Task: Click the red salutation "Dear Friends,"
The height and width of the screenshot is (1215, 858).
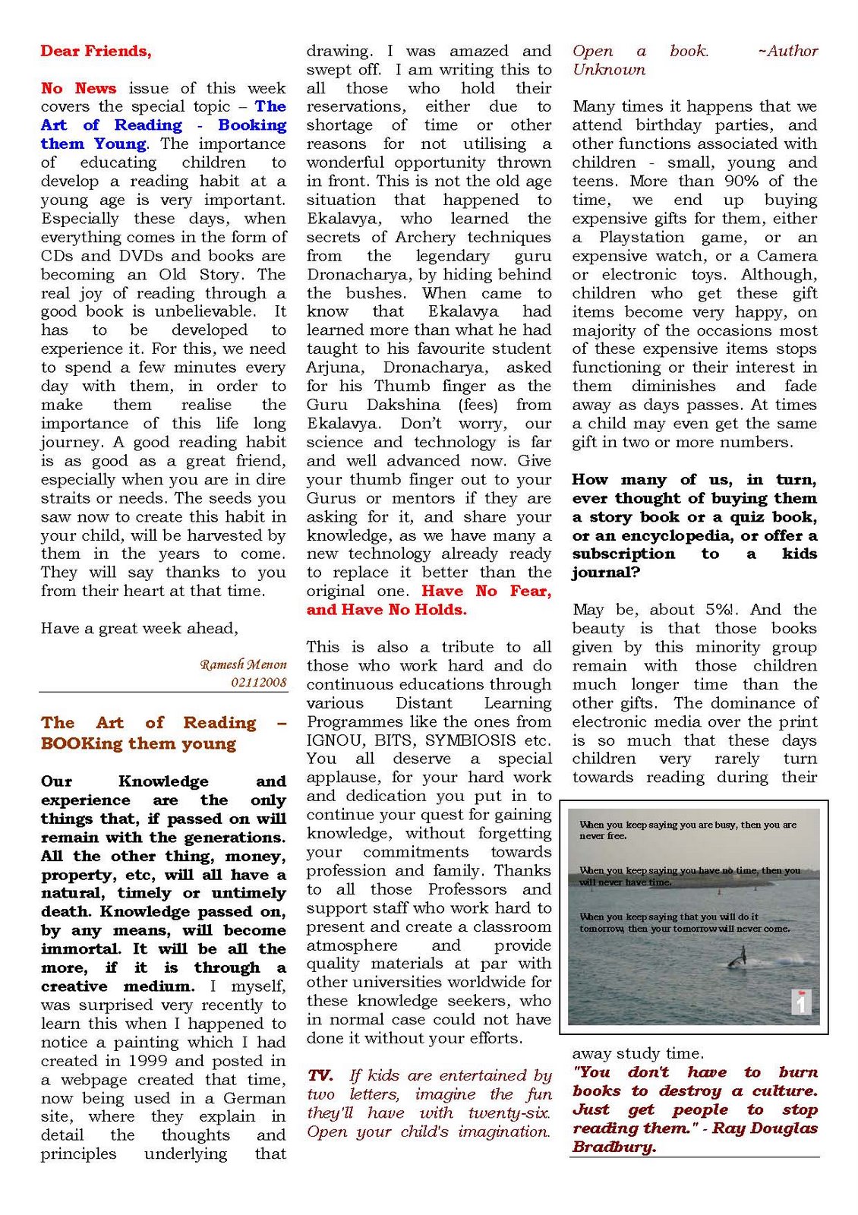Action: (x=96, y=51)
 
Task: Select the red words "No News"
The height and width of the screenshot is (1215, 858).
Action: (x=78, y=88)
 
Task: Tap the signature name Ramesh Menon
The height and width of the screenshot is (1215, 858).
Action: (x=243, y=664)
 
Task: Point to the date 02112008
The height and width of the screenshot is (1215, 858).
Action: (x=259, y=682)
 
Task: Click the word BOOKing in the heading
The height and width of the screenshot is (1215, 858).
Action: (x=81, y=743)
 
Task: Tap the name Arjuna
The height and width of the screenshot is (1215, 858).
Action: (x=332, y=368)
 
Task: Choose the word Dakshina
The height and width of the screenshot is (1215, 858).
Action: (x=403, y=405)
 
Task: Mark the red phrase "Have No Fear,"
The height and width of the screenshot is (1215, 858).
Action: (x=486, y=591)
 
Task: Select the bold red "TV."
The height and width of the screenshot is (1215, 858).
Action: (x=320, y=1075)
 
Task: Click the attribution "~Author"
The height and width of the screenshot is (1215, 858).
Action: (x=787, y=51)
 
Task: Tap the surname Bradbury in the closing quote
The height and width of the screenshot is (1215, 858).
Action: (x=613, y=1147)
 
